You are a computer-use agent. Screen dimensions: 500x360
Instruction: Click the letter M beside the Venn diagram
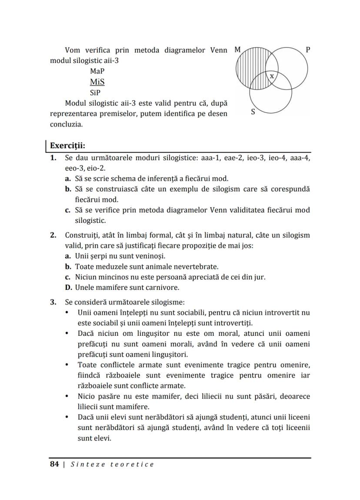coord(237,50)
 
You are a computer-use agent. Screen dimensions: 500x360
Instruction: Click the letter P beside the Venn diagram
coord(308,50)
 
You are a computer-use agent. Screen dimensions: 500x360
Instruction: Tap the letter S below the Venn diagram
coord(253,112)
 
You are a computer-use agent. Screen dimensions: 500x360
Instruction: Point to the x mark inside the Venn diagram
coord(272,76)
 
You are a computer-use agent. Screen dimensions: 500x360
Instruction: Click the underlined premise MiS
coord(97,82)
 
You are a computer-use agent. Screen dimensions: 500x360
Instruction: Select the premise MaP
coord(97,71)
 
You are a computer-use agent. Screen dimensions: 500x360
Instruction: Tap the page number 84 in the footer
coord(54,464)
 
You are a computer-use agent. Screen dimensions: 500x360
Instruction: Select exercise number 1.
coord(53,158)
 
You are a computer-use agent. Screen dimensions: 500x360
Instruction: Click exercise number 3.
coord(53,301)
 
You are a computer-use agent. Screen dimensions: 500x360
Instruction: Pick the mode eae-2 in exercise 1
coord(234,158)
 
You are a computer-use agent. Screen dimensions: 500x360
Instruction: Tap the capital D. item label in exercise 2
coord(69,287)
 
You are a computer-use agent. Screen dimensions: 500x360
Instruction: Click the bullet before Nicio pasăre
coord(67,396)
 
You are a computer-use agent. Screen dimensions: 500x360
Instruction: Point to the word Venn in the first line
coord(219,50)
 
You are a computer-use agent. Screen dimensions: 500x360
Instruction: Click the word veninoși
coord(149,256)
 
